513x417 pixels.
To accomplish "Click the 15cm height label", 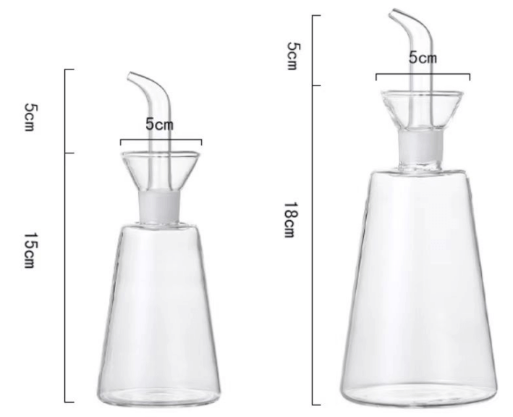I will pyautogui.click(x=30, y=250).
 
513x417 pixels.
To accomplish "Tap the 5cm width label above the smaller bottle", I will pyautogui.click(x=160, y=125).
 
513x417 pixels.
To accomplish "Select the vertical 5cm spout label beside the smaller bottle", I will pyautogui.click(x=30, y=116).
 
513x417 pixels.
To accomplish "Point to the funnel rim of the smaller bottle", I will pyautogui.click(x=161, y=154).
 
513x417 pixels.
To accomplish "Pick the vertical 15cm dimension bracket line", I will pyautogui.click(x=66, y=290).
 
